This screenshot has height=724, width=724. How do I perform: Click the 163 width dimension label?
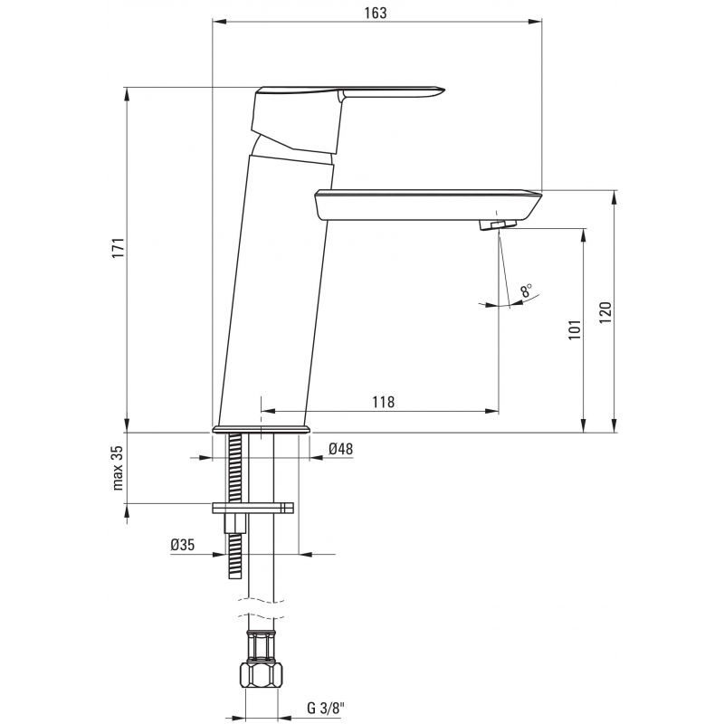click(376, 13)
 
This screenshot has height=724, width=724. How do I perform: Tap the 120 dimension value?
click(605, 312)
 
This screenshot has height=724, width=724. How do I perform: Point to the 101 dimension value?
click(575, 329)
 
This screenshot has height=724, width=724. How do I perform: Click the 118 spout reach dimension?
click(384, 402)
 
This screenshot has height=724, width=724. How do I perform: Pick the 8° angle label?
click(526, 291)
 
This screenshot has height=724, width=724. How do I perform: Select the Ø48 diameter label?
click(341, 448)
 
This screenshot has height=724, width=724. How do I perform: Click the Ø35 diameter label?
click(183, 545)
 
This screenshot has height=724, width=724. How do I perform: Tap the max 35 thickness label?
click(118, 468)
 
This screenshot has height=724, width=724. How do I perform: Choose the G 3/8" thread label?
click(326, 708)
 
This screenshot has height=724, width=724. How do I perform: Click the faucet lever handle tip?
click(443, 89)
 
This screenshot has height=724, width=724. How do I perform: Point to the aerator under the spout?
click(497, 224)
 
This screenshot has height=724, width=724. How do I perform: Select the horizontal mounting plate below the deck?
click(252, 508)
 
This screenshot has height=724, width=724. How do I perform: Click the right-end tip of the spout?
click(540, 195)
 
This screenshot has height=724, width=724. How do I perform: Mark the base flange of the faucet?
click(262, 429)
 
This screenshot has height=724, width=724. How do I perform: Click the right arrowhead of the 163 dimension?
click(536, 21)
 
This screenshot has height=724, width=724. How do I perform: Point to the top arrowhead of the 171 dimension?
click(127, 94)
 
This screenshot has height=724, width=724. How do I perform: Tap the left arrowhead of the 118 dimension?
click(268, 411)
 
